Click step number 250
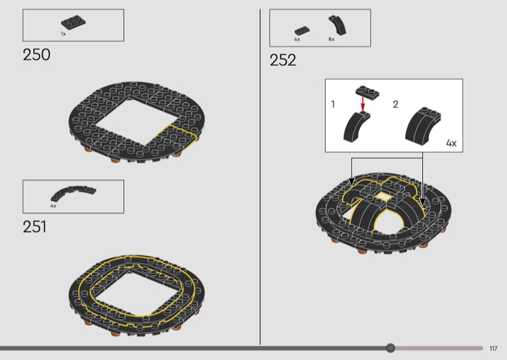point(37,55)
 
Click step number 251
point(35,227)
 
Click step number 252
point(283,60)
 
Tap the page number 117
point(494,349)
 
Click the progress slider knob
point(390,348)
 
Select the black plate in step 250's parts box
point(74,22)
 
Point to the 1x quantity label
point(63,34)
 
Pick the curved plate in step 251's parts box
point(73,193)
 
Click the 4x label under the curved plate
point(53,206)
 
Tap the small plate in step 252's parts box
point(302,30)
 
